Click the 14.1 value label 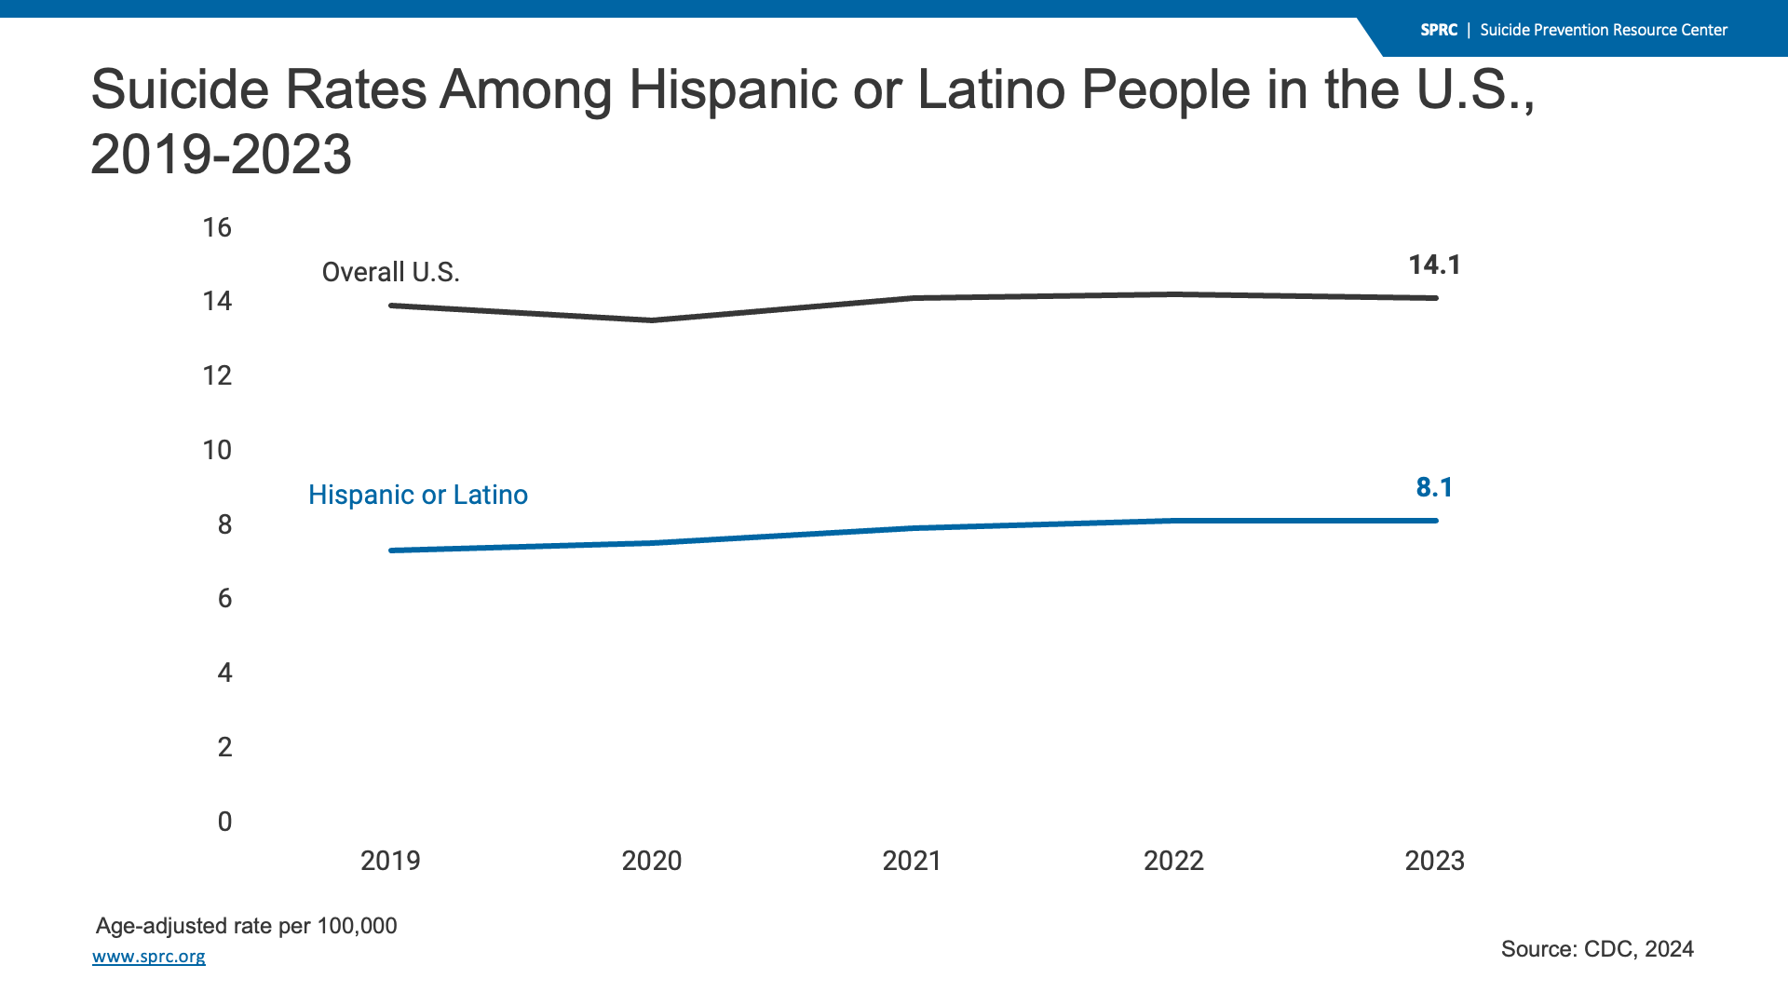1434,265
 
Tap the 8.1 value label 1434,488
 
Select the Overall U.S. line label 390,272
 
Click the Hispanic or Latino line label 418,495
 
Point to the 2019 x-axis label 390,861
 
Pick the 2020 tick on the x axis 652,861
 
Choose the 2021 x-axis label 912,861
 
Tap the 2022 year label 1173,861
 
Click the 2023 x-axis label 1434,861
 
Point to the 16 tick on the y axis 217,227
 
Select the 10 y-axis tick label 217,451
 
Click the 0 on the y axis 224,822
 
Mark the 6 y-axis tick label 224,599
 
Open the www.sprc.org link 149,957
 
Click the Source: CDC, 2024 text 1597,949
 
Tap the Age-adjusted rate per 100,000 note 247,926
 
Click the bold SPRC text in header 1439,30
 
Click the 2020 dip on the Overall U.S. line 652,320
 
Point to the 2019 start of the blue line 392,551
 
